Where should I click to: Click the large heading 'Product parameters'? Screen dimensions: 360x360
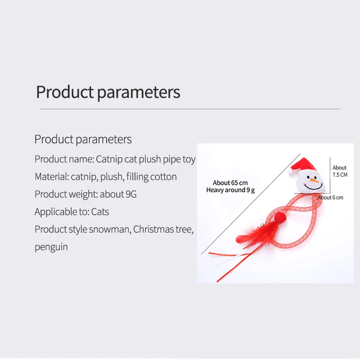108,92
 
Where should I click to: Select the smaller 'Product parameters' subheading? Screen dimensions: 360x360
83,139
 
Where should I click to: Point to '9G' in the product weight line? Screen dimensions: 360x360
131,194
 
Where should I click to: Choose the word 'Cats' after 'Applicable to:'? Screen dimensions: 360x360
100,212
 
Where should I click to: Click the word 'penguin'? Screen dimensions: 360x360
51,247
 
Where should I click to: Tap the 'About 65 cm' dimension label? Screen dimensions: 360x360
230,183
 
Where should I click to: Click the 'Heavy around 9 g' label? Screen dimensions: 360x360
230,190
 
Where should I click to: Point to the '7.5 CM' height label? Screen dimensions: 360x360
340,175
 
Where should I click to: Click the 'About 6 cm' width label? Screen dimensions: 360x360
330,197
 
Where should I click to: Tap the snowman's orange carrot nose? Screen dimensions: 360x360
314,180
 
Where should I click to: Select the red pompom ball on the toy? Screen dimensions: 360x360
280,217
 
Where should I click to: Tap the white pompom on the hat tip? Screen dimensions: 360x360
292,171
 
